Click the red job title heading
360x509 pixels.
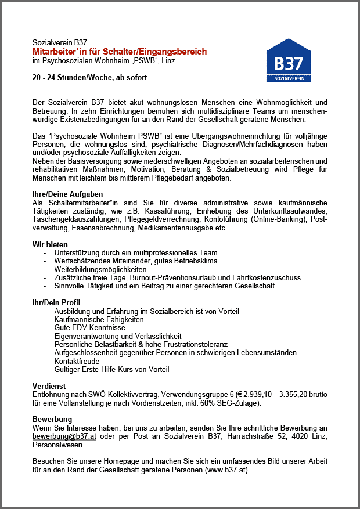click(x=120, y=52)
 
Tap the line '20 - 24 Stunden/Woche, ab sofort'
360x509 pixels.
click(x=89, y=77)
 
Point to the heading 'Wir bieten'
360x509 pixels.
click(x=50, y=244)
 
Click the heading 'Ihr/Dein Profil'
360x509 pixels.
click(x=56, y=302)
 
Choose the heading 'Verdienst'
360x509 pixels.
click(x=49, y=385)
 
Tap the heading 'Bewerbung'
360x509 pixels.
click(x=52, y=418)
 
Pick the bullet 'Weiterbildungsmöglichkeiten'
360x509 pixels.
click(x=100, y=269)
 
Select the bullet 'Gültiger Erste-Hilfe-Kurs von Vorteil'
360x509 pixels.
click(x=111, y=369)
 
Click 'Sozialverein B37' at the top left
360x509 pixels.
click(x=59, y=43)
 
